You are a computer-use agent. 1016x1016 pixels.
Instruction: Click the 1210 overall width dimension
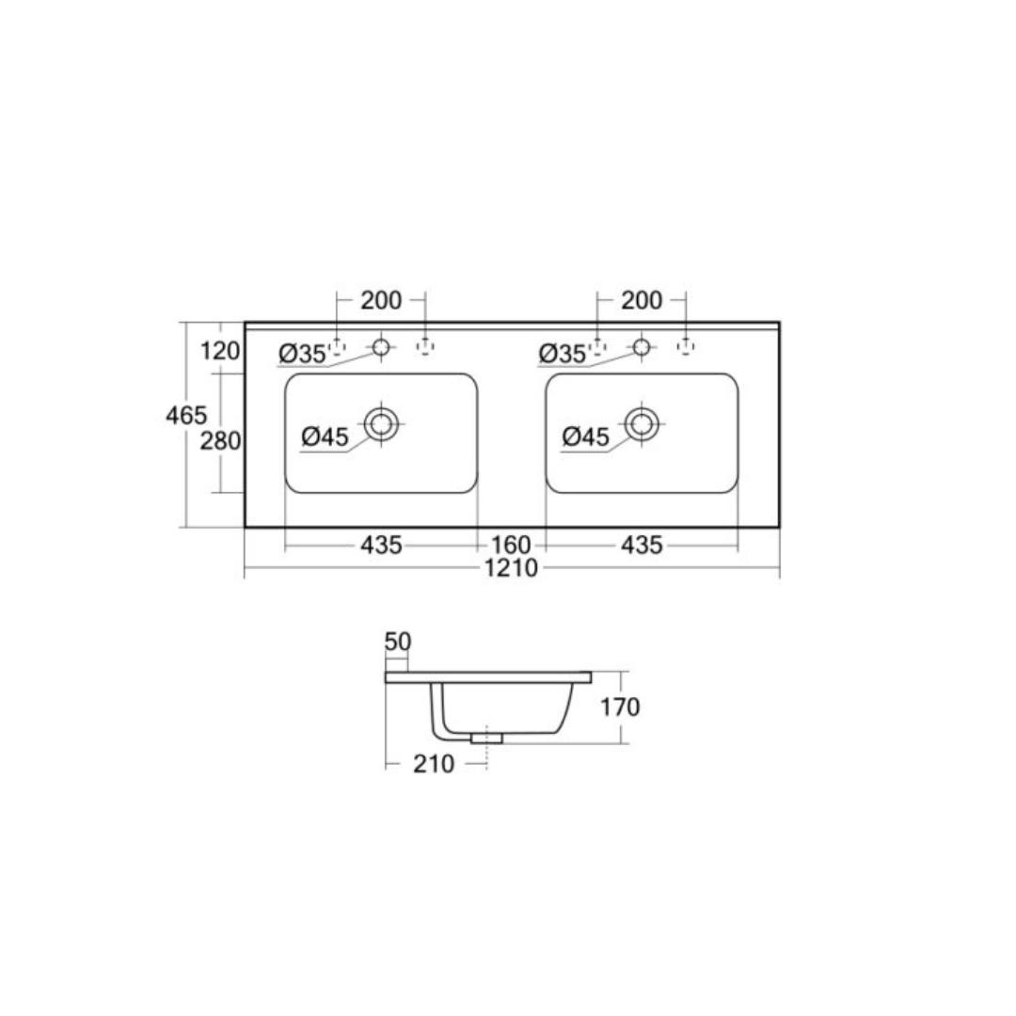[511, 568]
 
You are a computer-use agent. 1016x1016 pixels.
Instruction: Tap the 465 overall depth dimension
[186, 416]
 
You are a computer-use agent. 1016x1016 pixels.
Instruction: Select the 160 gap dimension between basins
[511, 545]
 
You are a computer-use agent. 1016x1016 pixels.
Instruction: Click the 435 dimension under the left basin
[381, 545]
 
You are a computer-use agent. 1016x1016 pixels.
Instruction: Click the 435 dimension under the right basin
[642, 545]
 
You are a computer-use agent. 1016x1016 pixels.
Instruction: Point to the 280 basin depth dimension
[220, 441]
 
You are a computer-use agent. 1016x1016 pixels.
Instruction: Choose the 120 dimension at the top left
[220, 351]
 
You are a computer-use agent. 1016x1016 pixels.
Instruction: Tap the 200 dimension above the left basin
[381, 301]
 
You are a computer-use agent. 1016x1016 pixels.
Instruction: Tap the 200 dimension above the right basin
[642, 301]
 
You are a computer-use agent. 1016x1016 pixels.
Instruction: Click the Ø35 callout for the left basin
[302, 355]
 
